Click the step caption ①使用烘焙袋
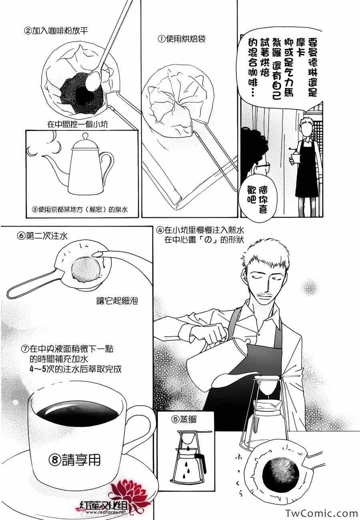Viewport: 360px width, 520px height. click(182, 39)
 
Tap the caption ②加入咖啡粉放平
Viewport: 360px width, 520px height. click(56, 31)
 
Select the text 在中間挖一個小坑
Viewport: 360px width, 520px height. click(78, 124)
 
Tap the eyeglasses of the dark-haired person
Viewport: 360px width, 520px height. click(263, 166)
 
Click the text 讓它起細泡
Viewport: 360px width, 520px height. click(117, 301)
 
